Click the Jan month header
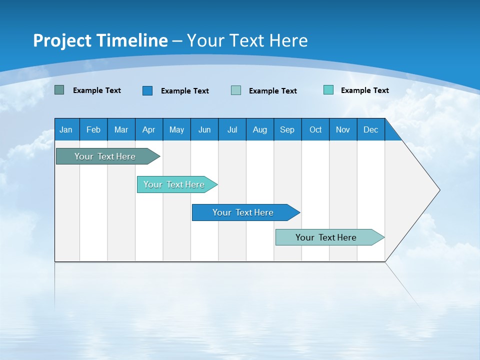[x=66, y=129]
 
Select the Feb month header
[x=93, y=129]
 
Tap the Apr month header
[x=148, y=129]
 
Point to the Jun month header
[x=204, y=129]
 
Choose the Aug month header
[x=259, y=129]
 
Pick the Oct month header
[x=315, y=129]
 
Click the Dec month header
[x=370, y=129]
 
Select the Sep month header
[x=287, y=129]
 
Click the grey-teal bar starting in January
[x=105, y=156]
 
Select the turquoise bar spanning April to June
[x=174, y=184]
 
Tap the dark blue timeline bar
[x=243, y=212]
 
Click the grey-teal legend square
[x=59, y=90]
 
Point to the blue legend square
[x=147, y=90]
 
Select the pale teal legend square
[x=236, y=90]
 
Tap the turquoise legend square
[x=328, y=90]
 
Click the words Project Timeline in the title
[x=100, y=40]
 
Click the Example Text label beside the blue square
[x=185, y=91]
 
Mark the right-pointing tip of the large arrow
[x=438, y=190]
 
